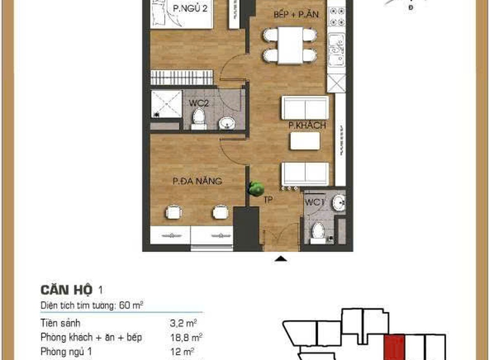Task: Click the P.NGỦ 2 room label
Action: [190, 8]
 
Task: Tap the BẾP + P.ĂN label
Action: [296, 14]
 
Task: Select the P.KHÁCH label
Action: [307, 125]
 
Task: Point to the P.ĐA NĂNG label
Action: [198, 181]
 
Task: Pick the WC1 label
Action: [315, 202]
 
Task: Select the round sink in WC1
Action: [339, 203]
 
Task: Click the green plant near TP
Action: [256, 189]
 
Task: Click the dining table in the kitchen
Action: [290, 45]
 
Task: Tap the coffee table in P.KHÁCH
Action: [305, 141]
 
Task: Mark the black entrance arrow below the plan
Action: [281, 258]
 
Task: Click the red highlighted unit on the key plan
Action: [394, 347]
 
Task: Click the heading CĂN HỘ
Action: [67, 290]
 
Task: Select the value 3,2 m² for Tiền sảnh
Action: [183, 323]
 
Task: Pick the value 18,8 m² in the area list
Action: [186, 337]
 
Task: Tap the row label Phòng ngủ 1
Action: [66, 352]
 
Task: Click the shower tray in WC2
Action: [166, 104]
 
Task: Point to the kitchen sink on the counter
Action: [337, 50]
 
